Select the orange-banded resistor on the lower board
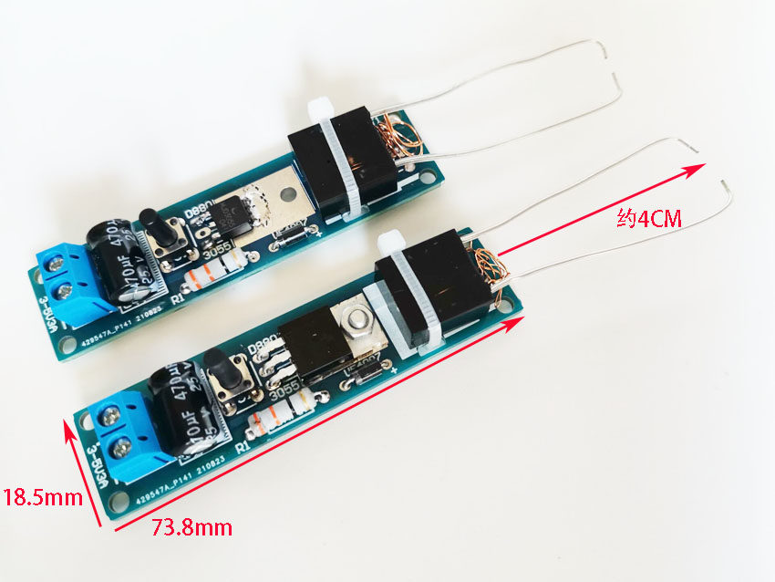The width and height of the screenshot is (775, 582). pos(278,415)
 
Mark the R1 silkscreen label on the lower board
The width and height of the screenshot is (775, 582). pos(243,447)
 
